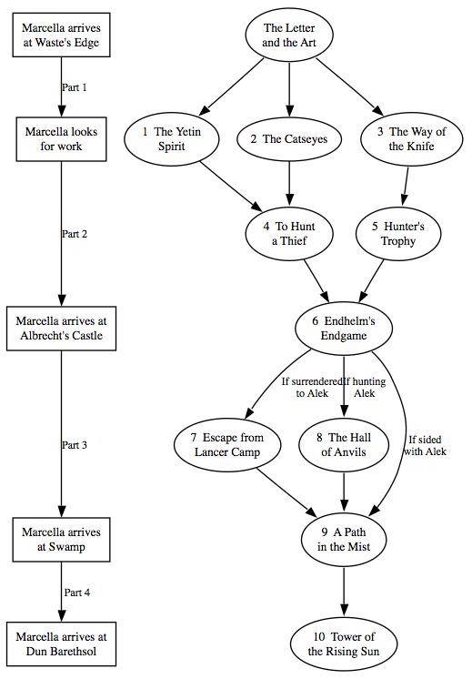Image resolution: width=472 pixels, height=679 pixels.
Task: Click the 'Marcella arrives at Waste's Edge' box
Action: tap(61, 35)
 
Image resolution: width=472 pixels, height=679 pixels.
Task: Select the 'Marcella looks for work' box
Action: tap(61, 139)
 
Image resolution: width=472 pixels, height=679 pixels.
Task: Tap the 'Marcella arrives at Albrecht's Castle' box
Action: tap(61, 329)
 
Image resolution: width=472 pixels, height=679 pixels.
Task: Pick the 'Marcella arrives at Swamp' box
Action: tap(61, 539)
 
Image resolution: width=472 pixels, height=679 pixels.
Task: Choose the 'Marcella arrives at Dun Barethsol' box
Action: tap(61, 644)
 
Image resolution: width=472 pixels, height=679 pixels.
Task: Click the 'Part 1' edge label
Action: tap(74, 87)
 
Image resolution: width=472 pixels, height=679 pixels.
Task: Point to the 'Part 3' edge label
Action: tap(75, 445)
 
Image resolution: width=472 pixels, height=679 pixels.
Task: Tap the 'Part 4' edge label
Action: tap(77, 593)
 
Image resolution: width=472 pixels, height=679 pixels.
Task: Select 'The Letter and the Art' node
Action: tap(289, 35)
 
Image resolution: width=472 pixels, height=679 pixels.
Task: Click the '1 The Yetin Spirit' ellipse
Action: tap(171, 139)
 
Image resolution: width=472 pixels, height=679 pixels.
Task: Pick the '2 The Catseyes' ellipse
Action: tap(289, 139)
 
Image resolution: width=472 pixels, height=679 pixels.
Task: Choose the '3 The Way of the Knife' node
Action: tap(411, 139)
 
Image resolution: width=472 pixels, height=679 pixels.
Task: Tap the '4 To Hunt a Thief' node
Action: tap(289, 234)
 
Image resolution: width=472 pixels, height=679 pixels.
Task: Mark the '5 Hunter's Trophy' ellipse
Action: tap(398, 234)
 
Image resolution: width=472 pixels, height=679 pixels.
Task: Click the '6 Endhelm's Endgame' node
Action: tap(344, 329)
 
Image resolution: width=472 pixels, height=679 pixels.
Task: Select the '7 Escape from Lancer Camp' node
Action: tap(227, 445)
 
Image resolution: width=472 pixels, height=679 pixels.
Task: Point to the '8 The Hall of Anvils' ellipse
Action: tap(344, 445)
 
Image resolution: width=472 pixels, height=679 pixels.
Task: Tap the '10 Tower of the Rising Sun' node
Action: tap(344, 644)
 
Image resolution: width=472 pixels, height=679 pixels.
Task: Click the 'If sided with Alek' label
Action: tap(426, 446)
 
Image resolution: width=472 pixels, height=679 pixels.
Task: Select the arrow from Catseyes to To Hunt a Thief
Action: tap(289, 184)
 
